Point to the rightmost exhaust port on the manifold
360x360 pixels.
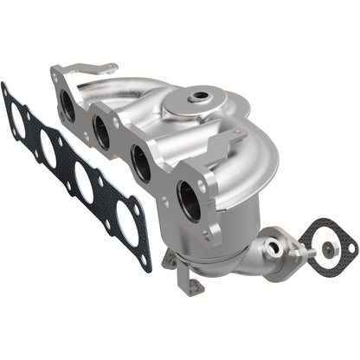186,194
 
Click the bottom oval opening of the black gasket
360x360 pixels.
123,226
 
